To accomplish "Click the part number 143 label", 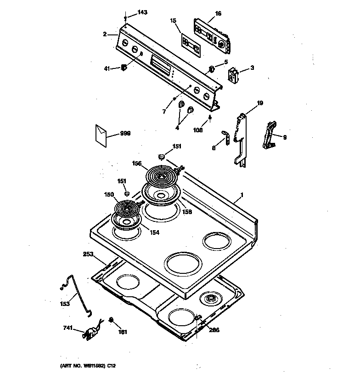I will click(x=142, y=12).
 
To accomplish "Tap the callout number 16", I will click(x=218, y=14).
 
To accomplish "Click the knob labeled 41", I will click(x=124, y=68).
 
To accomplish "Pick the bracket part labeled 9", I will click(x=270, y=135).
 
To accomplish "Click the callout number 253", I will click(x=89, y=254).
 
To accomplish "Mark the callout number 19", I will click(x=259, y=103).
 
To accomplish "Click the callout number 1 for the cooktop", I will click(x=242, y=195).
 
